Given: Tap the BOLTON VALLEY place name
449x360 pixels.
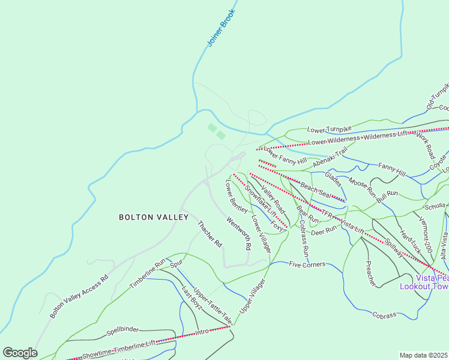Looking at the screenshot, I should point(154,217).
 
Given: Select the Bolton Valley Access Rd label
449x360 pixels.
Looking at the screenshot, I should point(79,297).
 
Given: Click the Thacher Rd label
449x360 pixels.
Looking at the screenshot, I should point(210,235).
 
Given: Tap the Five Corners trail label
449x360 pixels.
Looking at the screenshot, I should point(307,264).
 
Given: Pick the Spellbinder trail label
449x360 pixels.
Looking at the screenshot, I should point(122,330).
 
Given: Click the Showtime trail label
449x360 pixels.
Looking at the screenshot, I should point(97,354).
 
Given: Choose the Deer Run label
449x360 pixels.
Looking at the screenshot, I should point(325,230).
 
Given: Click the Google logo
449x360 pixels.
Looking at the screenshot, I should point(20,353).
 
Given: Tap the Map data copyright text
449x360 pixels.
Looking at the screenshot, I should point(424,355).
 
